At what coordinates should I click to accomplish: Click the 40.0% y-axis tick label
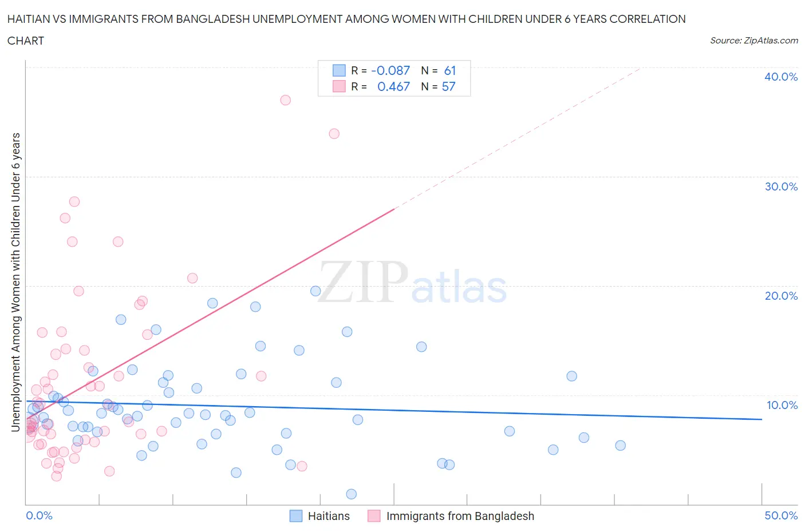(780, 77)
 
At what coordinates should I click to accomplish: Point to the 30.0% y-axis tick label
(780, 186)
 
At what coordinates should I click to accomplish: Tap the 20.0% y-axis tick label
(780, 296)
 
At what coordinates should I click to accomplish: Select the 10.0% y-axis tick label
(782, 405)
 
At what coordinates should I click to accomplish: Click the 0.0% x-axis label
(39, 515)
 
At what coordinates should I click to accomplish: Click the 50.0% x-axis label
(781, 515)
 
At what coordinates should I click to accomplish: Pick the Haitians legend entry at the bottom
(320, 516)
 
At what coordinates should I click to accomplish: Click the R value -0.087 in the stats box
(390, 70)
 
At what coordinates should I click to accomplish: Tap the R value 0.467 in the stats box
(393, 86)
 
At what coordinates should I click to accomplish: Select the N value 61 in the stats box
(450, 70)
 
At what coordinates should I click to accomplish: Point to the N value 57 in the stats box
(448, 86)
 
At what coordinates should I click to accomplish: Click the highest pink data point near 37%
(285, 100)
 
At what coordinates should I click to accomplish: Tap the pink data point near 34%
(334, 134)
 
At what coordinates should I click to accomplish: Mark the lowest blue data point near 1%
(352, 494)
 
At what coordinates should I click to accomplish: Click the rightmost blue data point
(620, 446)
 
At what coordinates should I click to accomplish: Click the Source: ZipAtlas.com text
(753, 40)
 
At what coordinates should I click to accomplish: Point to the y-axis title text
(16, 282)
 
